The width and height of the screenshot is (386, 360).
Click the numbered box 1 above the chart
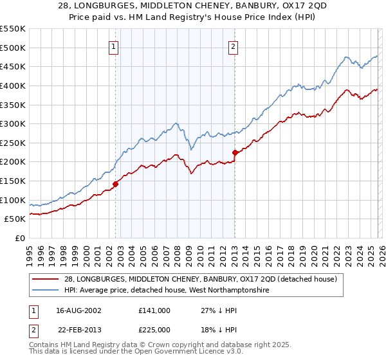[x=113, y=46]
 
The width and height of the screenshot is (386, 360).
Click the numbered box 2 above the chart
[x=232, y=46]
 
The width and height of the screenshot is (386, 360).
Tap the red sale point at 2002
[x=116, y=184]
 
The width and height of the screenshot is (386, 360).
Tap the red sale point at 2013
[x=235, y=152]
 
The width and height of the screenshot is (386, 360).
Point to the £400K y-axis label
[x=13, y=85]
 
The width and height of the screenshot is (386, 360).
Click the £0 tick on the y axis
[x=20, y=239]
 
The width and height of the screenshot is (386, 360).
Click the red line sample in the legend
[x=46, y=279]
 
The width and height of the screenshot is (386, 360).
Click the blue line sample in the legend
[x=46, y=291]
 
